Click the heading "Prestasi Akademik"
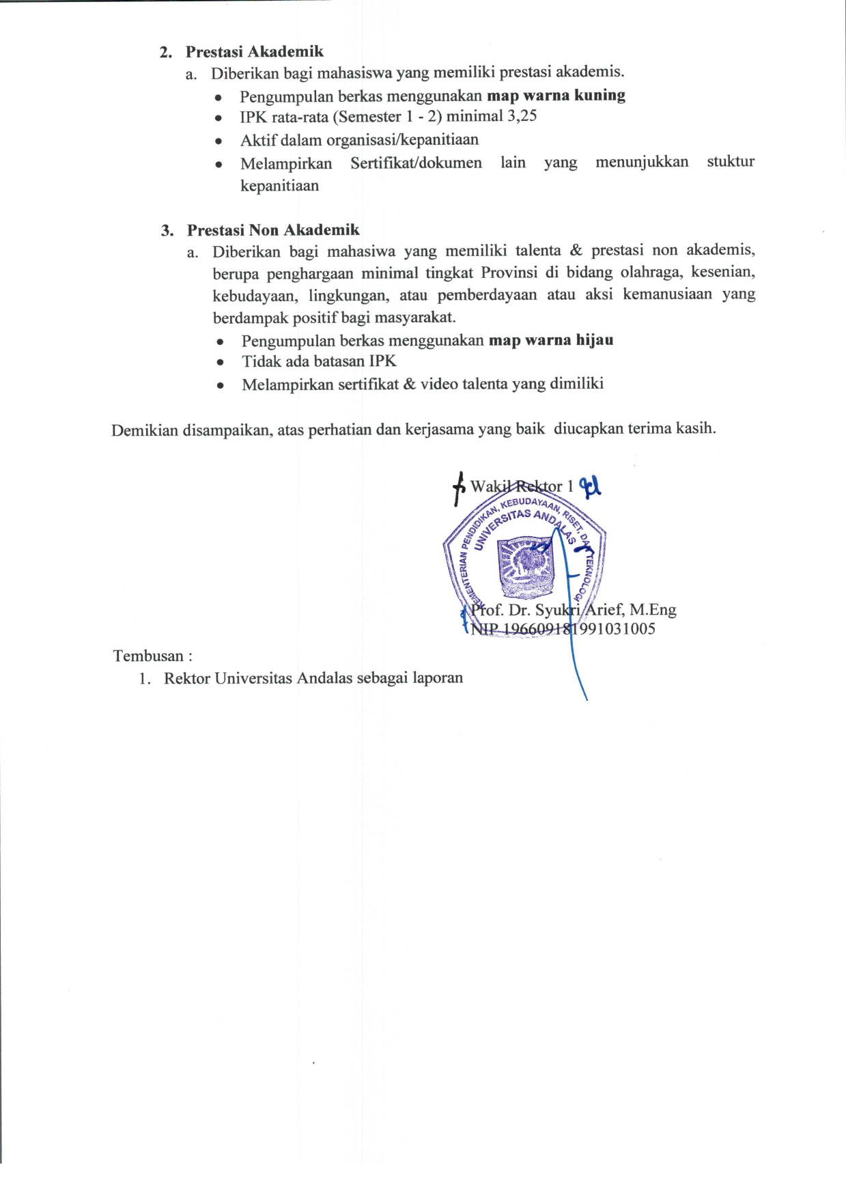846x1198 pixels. [254, 52]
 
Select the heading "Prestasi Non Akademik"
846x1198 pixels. [273, 230]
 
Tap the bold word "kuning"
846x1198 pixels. [600, 95]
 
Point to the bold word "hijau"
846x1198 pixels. [595, 340]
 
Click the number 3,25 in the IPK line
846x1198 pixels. [522, 116]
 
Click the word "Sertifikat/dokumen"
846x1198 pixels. [416, 163]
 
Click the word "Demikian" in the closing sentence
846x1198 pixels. [144, 430]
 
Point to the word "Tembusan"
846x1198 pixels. [148, 656]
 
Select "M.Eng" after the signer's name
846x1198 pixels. [653, 610]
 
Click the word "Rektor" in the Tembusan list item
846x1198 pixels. [186, 678]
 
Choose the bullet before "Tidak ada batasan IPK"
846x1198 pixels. [220, 362]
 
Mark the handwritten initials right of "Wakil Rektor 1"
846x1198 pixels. [590, 486]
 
